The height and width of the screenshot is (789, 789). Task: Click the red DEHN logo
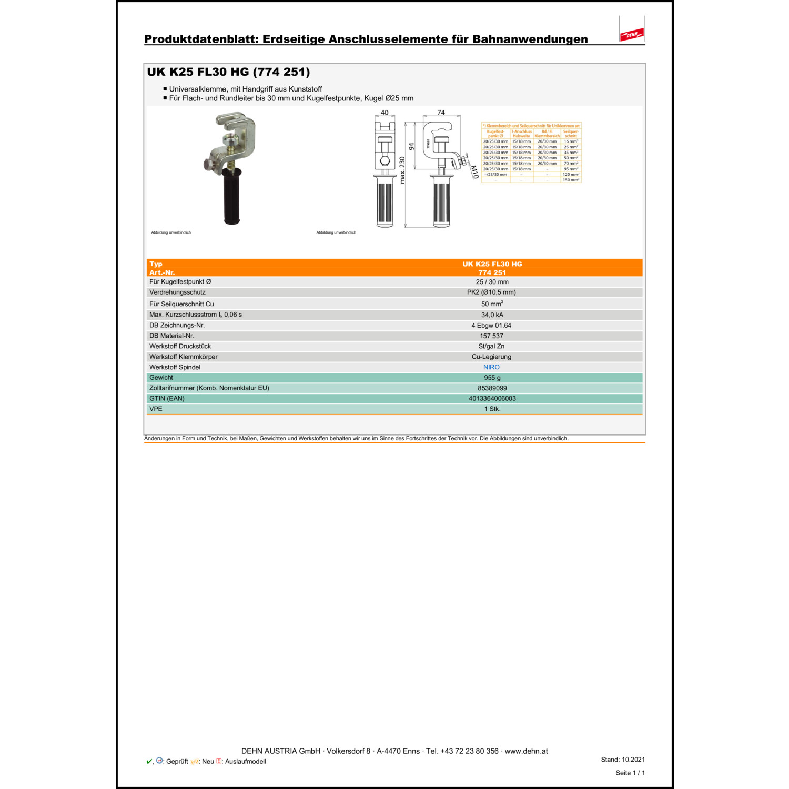tap(632, 35)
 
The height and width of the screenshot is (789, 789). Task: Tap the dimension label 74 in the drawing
tap(441, 113)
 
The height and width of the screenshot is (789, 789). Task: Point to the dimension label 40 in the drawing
tap(385, 113)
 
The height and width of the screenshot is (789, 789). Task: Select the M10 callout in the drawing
tap(474, 172)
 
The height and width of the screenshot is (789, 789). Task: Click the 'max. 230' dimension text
tap(402, 170)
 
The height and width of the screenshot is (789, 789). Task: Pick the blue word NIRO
tap(491, 367)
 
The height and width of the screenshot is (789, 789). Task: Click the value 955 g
tap(492, 378)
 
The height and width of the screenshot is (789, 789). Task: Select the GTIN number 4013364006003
tap(492, 399)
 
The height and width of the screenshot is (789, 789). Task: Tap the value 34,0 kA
tap(492, 315)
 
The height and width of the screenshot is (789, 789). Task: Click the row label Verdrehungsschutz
tap(177, 292)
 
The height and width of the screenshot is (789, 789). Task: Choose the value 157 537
tap(491, 336)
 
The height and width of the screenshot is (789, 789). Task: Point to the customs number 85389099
tap(492, 388)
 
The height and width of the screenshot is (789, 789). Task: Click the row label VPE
tap(156, 409)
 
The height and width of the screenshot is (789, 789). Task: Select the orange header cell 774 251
tap(492, 272)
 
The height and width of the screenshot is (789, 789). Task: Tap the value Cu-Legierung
tap(491, 357)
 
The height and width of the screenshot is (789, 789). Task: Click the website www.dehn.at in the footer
tap(526, 751)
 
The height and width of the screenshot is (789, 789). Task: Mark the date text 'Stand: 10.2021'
tap(623, 760)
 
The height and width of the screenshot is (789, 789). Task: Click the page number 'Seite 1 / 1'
tap(630, 773)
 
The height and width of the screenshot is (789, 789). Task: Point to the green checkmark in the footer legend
tap(149, 761)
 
